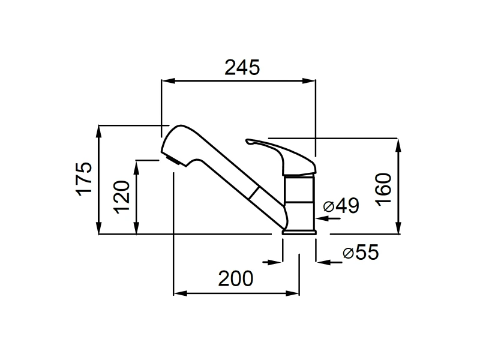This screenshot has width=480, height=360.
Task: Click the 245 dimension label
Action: point(242,68)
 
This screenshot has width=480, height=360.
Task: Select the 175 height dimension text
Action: point(84,179)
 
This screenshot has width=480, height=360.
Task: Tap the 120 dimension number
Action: point(122,197)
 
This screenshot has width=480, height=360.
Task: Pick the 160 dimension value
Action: point(383,190)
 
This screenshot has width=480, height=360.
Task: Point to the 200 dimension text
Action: point(236,278)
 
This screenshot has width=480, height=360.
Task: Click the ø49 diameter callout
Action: point(341,205)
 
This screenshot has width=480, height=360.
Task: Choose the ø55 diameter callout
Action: point(361,252)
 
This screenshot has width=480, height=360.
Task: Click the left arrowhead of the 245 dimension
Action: point(168,81)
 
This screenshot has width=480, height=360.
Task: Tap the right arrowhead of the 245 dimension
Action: point(309,81)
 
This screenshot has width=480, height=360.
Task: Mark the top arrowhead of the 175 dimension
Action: point(98,132)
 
